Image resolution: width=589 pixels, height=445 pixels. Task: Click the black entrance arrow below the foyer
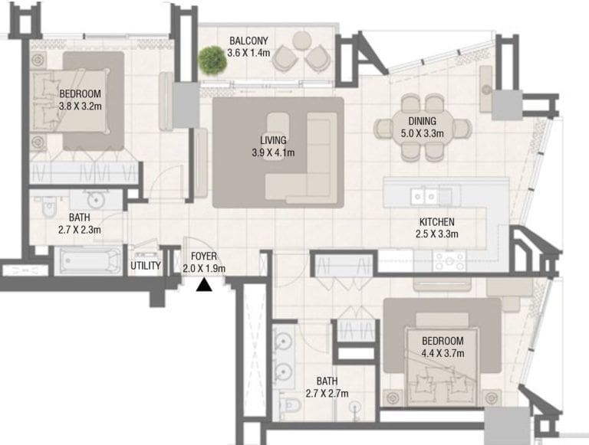(x=204, y=286)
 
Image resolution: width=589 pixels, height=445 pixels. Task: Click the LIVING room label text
(x=273, y=140)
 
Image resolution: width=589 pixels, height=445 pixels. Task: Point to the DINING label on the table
(x=422, y=121)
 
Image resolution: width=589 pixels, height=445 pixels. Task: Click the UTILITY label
(x=146, y=267)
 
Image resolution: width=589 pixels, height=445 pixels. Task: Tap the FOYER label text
(x=203, y=257)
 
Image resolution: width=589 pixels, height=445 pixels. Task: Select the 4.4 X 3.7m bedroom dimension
(x=443, y=353)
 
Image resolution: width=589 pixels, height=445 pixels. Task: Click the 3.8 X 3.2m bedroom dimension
(x=81, y=107)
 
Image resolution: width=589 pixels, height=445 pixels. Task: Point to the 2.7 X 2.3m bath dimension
(x=80, y=228)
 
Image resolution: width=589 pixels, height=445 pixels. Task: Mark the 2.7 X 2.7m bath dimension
(x=327, y=394)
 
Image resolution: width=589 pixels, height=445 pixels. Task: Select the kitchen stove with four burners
(x=450, y=260)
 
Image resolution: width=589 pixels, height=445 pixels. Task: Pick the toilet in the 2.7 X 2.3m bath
(x=48, y=208)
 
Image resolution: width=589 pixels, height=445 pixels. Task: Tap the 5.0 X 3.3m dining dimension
(x=422, y=133)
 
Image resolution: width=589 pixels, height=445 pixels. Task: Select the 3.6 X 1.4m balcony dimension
(x=250, y=53)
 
